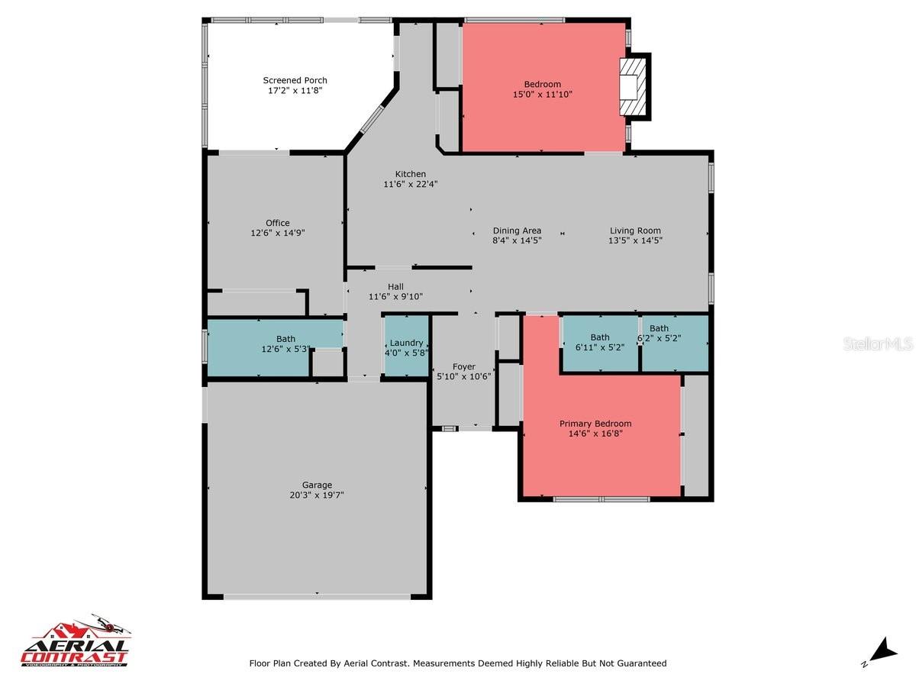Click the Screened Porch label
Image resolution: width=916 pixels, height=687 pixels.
pos(295,80)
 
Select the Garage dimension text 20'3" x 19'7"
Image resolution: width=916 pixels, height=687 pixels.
pos(317,495)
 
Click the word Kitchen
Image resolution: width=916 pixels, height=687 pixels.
pos(410,174)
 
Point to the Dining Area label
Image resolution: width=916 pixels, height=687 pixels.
pos(517,231)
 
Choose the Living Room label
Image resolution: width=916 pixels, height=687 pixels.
pos(635,231)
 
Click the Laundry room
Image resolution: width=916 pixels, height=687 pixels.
pos(406,348)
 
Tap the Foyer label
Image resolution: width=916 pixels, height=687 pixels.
pos(463,366)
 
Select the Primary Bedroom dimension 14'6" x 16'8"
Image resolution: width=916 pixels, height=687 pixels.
pos(595,434)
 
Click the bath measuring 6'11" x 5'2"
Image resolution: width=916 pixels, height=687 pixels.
pos(600,342)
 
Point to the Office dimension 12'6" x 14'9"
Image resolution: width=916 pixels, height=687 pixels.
pos(278,233)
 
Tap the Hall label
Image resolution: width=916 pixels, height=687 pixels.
pos(395,286)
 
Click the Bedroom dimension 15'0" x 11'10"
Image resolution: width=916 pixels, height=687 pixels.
pos(542,95)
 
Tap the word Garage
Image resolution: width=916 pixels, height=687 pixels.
pos(317,485)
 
